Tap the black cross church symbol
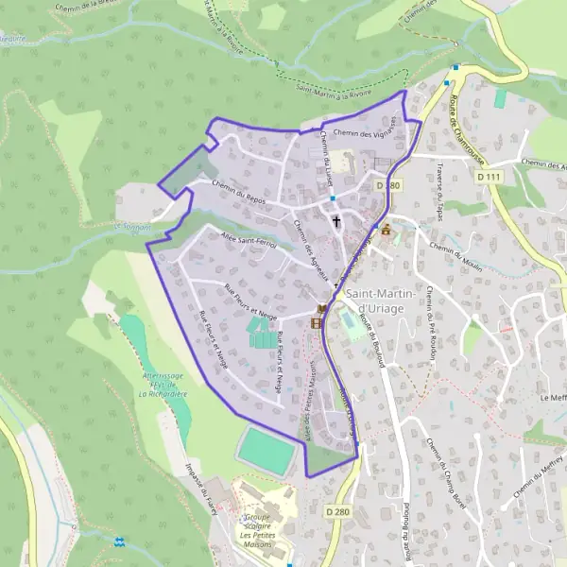tap(335, 220)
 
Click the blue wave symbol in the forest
tap(119, 541)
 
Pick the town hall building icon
tap(385, 229)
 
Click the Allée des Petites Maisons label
tap(309, 398)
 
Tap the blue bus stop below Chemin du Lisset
tap(333, 198)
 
